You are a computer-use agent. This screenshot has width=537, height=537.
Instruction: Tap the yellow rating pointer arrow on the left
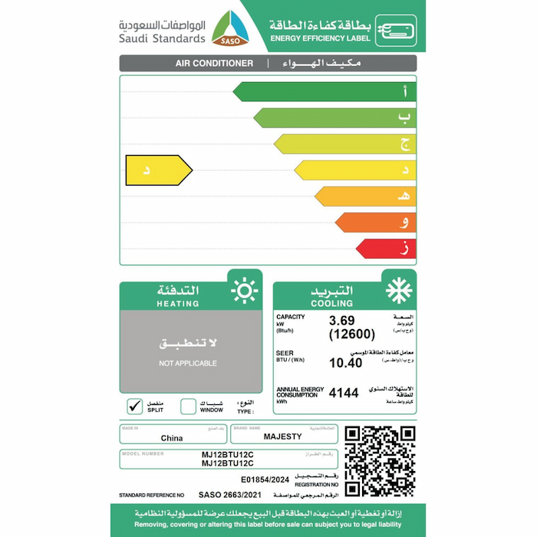158,170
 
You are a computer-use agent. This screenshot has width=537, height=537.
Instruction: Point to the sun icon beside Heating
244,292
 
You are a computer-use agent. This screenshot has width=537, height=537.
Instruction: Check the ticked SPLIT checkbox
135,406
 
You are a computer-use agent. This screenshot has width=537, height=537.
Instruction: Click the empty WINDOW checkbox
189,406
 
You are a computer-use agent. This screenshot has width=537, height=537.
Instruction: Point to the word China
172,438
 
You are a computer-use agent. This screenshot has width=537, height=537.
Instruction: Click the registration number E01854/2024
265,479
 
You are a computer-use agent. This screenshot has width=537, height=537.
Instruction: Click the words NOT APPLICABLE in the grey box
188,363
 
